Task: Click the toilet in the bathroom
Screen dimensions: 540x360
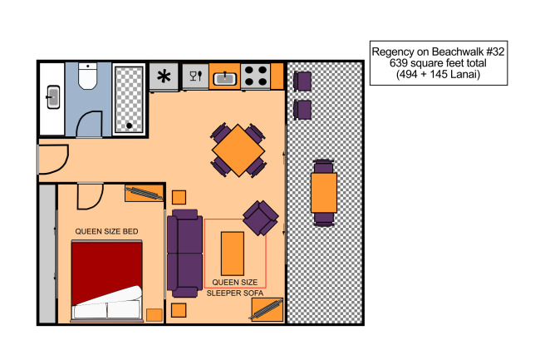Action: (87, 76)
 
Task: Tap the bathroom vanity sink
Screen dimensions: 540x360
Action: (53, 97)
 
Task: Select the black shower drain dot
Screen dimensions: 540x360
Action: (129, 126)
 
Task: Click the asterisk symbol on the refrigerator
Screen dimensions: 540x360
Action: (164, 76)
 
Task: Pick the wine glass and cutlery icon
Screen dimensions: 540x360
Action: (195, 76)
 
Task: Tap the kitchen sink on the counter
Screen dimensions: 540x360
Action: (225, 79)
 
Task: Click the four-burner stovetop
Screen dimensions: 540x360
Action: (255, 76)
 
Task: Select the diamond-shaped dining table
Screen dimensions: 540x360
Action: (238, 150)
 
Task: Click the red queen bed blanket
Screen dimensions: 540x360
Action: (106, 272)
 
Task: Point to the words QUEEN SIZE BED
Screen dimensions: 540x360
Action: (107, 231)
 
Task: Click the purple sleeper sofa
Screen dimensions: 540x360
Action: (184, 254)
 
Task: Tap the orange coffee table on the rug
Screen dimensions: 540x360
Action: (233, 254)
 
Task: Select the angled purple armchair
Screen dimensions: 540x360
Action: (260, 218)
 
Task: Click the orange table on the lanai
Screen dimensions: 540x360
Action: (324, 193)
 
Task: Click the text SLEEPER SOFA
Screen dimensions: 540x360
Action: (235, 293)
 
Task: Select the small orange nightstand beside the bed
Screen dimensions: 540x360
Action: (155, 315)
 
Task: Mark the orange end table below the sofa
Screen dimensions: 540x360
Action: (179, 310)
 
